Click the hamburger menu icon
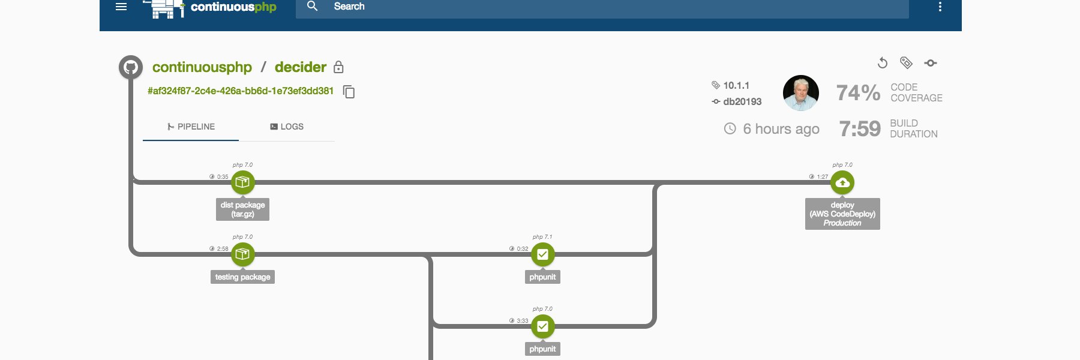[x=121, y=7]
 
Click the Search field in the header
[x=602, y=7]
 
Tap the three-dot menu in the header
[x=940, y=7]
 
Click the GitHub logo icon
[x=131, y=67]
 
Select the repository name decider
[x=301, y=67]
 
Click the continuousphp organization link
[x=202, y=67]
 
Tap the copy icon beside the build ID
[x=349, y=92]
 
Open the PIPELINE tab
[x=191, y=127]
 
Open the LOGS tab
[x=287, y=127]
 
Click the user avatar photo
[x=801, y=93]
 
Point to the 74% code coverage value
[x=859, y=93]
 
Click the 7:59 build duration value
[x=860, y=128]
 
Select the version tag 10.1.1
[x=736, y=85]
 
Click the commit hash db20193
[x=742, y=101]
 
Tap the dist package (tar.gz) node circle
[x=243, y=182]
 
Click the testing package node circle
[x=243, y=254]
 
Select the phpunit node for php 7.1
[x=543, y=254]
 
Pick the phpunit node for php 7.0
[x=543, y=326]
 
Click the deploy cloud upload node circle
[x=842, y=182]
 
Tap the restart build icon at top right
[x=883, y=63]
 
